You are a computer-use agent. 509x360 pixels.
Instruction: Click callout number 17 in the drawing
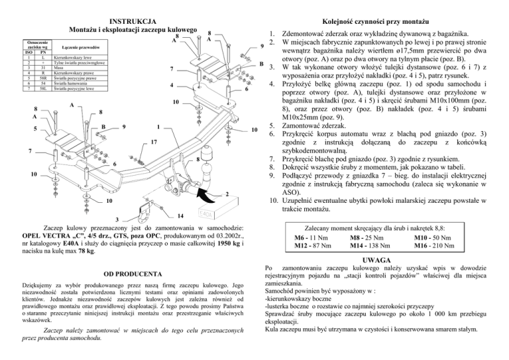pos(152,141)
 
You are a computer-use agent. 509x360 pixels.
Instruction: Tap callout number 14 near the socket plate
pos(182,216)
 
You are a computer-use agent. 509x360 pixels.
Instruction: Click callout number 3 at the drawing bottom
pos(117,221)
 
